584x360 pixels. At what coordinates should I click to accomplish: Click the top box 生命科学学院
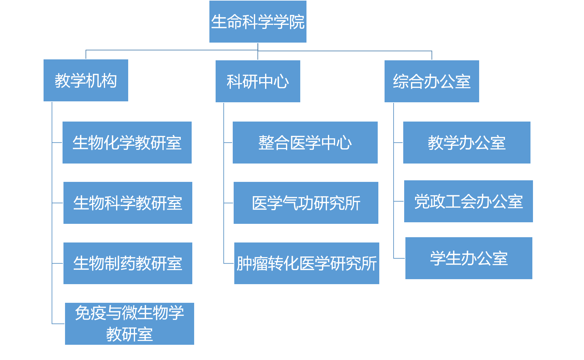pos(258,22)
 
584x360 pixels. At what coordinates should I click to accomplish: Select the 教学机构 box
pos(86,81)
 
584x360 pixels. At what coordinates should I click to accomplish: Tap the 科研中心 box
pos(258,81)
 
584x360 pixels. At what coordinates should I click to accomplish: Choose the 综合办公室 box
pos(432,81)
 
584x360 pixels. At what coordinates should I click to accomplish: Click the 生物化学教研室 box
pos(127,143)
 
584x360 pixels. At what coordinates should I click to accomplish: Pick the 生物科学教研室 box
pos(128,203)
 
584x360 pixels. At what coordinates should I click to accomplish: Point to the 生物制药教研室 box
pos(128,263)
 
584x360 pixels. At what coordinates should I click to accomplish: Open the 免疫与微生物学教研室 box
pos(129,324)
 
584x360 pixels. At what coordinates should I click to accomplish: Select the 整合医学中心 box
pos(305,143)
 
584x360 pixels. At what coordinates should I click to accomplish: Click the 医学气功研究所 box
pos(306,203)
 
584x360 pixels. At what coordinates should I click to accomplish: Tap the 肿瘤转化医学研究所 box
pos(306,263)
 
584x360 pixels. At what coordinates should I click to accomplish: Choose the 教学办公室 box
pos(467,143)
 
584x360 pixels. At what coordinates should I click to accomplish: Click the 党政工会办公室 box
pos(468,201)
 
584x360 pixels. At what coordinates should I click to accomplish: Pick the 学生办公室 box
pos(469,258)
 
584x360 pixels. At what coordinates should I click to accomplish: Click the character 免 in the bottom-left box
pos(82,313)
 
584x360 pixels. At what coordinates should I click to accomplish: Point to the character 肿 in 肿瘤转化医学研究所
pos(244,264)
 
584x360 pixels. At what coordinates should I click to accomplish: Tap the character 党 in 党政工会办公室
pos(422,201)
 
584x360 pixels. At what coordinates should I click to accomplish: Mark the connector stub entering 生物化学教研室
pos(57,143)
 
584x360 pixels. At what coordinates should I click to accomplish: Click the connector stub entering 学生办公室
pos(399,258)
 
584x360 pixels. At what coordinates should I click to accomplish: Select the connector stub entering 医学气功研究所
pos(228,203)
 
